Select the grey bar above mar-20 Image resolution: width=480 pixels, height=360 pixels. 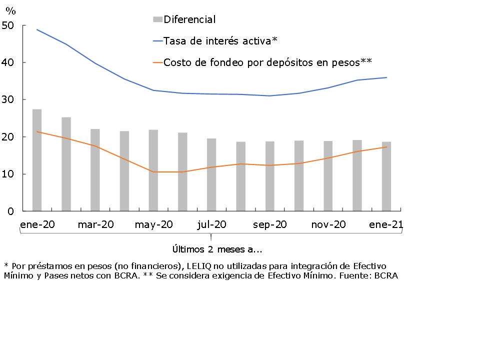[x=95, y=170]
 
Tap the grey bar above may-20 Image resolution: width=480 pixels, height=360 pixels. [x=153, y=170]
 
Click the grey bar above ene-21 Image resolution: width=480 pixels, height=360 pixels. [x=386, y=176]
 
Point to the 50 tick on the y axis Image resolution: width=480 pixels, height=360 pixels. [x=8, y=25]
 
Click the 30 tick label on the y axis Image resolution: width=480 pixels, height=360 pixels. [x=8, y=100]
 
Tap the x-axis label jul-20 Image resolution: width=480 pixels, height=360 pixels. [x=211, y=225]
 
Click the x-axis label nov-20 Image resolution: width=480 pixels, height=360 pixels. [x=328, y=225]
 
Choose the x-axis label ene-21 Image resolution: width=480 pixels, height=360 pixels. [x=386, y=225]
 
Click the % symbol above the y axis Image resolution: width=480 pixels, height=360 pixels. [x=10, y=10]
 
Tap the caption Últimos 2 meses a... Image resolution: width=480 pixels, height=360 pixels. [x=217, y=249]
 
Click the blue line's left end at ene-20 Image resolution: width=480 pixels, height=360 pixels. [x=37, y=29]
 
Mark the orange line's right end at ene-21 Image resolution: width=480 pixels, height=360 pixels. [x=386, y=147]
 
